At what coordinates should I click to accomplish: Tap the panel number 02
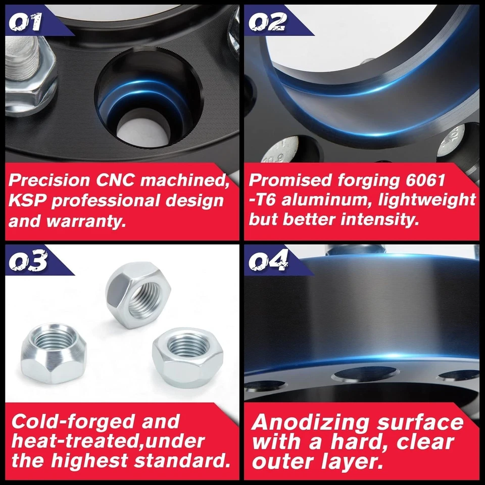(268, 22)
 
